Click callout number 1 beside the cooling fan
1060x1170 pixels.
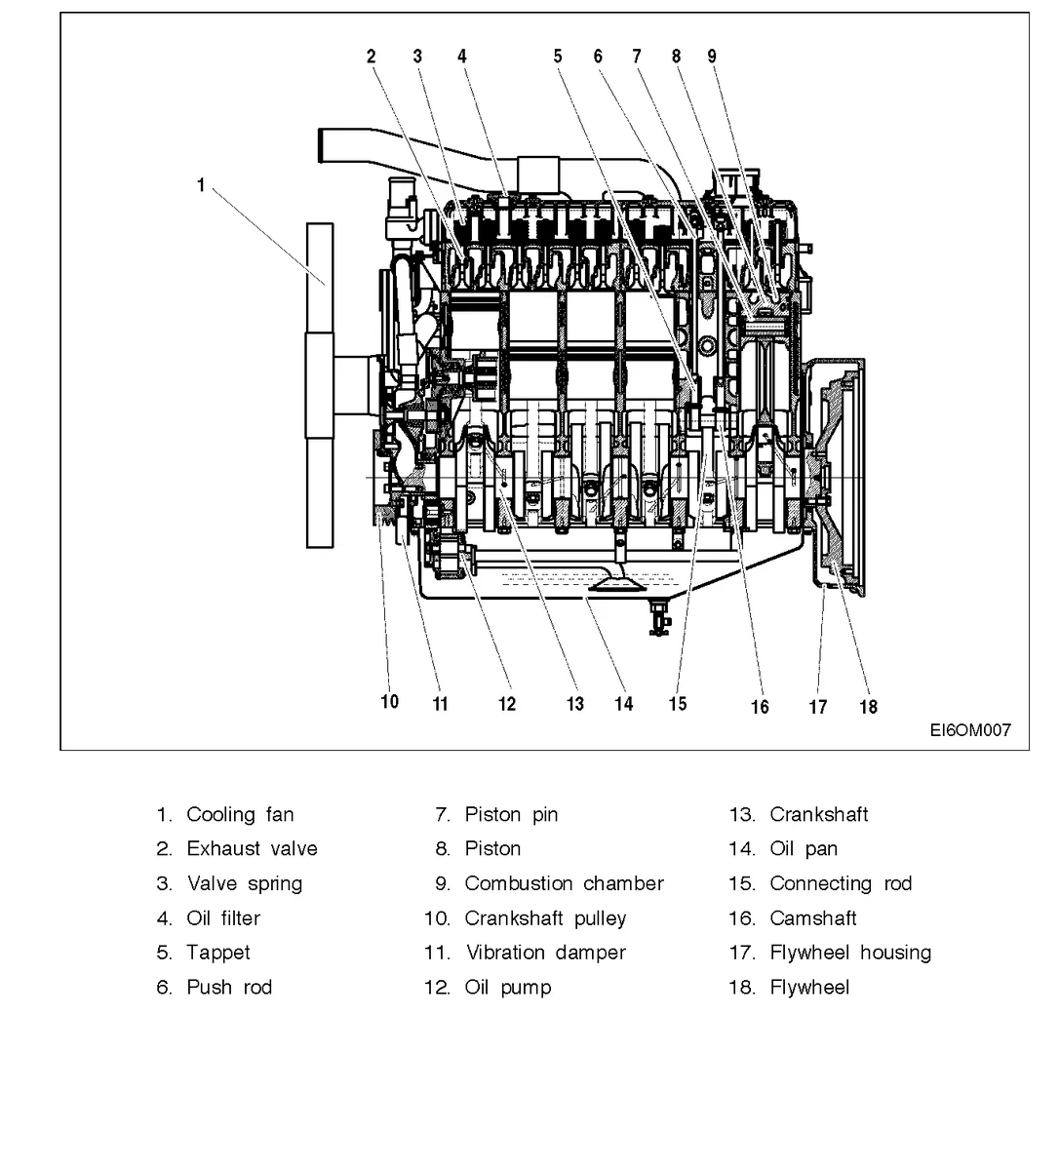click(x=201, y=184)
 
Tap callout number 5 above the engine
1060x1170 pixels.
click(x=558, y=57)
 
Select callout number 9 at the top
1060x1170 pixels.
click(x=712, y=57)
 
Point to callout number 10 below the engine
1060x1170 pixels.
click(x=389, y=702)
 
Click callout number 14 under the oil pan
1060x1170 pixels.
click(x=623, y=704)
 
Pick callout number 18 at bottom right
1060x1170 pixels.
click(x=868, y=707)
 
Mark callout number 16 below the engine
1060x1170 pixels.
click(x=759, y=707)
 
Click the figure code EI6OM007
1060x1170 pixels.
click(x=969, y=730)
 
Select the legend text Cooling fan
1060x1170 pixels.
click(x=240, y=815)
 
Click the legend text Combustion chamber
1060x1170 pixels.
click(x=564, y=884)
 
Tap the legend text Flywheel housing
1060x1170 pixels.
click(x=850, y=953)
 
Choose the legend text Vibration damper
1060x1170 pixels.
click(x=545, y=953)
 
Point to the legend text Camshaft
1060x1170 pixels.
click(x=813, y=918)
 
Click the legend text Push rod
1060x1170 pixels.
click(x=229, y=988)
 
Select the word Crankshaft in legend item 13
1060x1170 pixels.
click(x=818, y=815)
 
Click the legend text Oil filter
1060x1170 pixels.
click(x=223, y=918)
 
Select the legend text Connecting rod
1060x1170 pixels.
click(x=841, y=884)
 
